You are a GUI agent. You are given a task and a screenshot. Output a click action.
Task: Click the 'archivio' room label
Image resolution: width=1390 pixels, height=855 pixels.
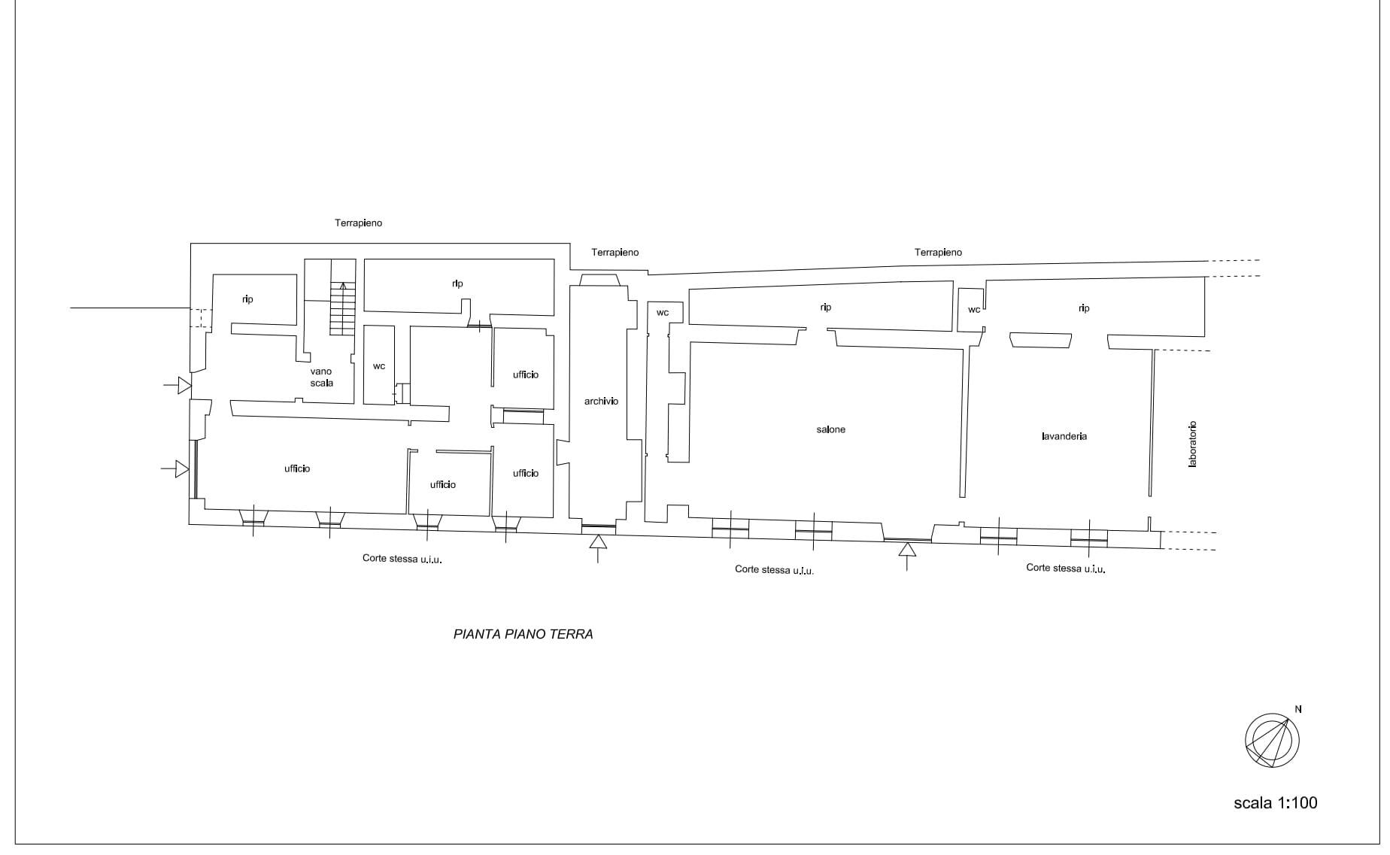click(x=601, y=402)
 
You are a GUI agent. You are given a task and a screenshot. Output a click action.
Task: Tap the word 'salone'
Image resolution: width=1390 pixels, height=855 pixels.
click(x=830, y=429)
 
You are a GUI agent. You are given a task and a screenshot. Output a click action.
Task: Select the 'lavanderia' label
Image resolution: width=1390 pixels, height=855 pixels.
click(x=1064, y=436)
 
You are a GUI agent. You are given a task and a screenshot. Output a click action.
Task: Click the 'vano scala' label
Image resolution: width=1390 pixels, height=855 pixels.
click(x=321, y=377)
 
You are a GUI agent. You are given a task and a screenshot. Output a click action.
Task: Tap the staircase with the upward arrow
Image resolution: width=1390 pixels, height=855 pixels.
click(x=342, y=308)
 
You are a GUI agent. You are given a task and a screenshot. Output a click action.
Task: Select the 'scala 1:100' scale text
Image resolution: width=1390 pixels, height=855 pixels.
click(x=1276, y=803)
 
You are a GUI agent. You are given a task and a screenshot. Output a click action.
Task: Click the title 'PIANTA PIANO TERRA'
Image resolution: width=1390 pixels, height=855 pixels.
click(x=524, y=634)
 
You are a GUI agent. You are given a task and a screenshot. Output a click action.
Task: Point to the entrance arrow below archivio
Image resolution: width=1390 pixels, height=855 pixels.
click(x=598, y=548)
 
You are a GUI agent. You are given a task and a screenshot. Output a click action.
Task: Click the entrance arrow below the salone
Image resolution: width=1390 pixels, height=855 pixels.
click(x=907, y=556)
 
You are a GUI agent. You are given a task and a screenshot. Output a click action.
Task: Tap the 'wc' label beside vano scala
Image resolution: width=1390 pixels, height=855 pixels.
click(x=379, y=366)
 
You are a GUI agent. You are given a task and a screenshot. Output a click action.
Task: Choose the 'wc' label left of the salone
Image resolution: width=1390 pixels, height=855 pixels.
click(x=663, y=313)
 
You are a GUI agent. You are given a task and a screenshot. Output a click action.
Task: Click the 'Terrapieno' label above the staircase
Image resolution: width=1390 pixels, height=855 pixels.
click(x=359, y=223)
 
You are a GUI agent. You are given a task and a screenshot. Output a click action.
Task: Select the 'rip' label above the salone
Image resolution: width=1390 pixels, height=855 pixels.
click(x=826, y=308)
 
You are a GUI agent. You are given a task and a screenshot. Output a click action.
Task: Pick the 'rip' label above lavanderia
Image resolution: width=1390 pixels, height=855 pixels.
click(x=1084, y=308)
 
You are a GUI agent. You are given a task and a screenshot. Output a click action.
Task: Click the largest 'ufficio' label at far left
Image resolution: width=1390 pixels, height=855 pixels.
click(x=297, y=468)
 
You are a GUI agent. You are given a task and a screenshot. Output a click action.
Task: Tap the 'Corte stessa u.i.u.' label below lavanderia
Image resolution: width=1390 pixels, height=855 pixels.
click(x=1066, y=568)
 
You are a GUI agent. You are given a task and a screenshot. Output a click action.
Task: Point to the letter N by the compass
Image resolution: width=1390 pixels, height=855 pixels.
click(x=1298, y=709)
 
